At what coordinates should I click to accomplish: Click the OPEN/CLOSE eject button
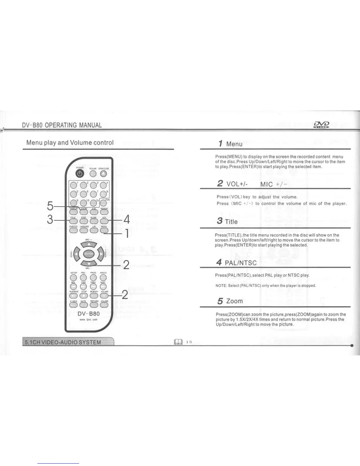coord(104,174)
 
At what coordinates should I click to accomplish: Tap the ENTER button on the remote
coord(89,254)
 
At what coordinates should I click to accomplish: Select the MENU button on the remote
coord(104,230)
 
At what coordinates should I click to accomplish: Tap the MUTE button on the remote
coord(84,305)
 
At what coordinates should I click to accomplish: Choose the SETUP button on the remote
coord(74,277)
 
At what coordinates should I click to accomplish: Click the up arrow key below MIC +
coord(89,244)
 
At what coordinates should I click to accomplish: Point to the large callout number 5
coord(50,206)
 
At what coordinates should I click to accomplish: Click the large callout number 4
coord(126,219)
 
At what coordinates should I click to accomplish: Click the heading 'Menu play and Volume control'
coord(70,143)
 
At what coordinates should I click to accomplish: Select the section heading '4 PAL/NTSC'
coord(236,262)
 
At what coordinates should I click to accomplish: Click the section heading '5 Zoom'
coord(230,301)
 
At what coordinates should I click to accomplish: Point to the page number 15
coord(189,342)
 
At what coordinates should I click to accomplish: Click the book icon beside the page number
coord(178,342)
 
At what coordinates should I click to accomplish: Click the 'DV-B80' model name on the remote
coord(89,314)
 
